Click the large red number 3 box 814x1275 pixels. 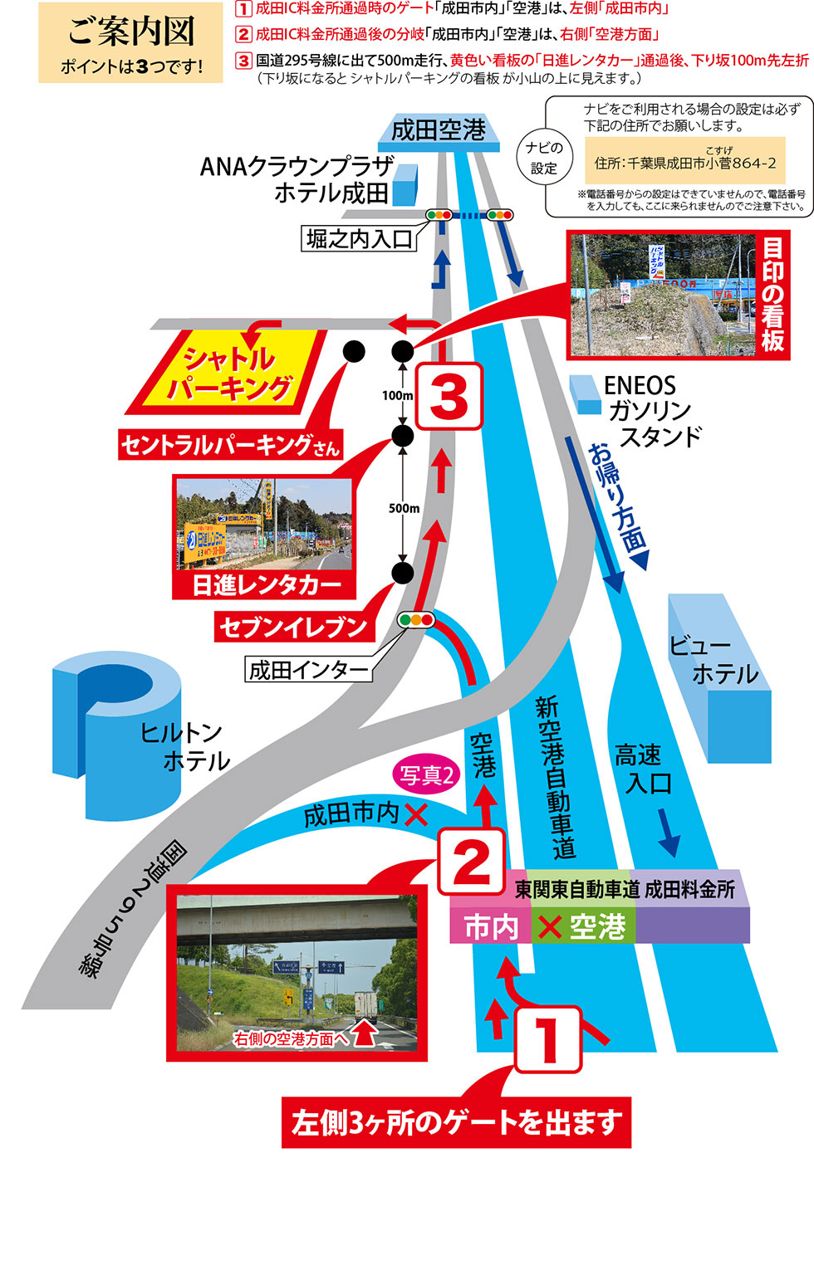(x=449, y=396)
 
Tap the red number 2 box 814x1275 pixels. (x=471, y=862)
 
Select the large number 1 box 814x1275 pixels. (x=547, y=1039)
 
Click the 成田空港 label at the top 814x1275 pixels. (x=439, y=130)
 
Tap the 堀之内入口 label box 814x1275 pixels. (x=359, y=239)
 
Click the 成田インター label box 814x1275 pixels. (x=308, y=670)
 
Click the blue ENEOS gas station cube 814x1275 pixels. (x=586, y=394)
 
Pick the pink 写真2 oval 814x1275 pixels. (x=426, y=774)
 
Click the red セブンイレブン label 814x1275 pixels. (x=292, y=627)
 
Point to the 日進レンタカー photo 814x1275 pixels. (x=263, y=523)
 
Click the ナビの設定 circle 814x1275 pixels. (x=543, y=157)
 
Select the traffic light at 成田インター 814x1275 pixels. (x=416, y=619)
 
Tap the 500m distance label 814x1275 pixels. (x=404, y=508)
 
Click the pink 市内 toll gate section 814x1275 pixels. (x=490, y=926)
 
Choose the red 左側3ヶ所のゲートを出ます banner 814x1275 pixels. (x=456, y=1122)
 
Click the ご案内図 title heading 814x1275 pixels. (x=131, y=32)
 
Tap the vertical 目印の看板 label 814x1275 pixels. (x=772, y=295)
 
